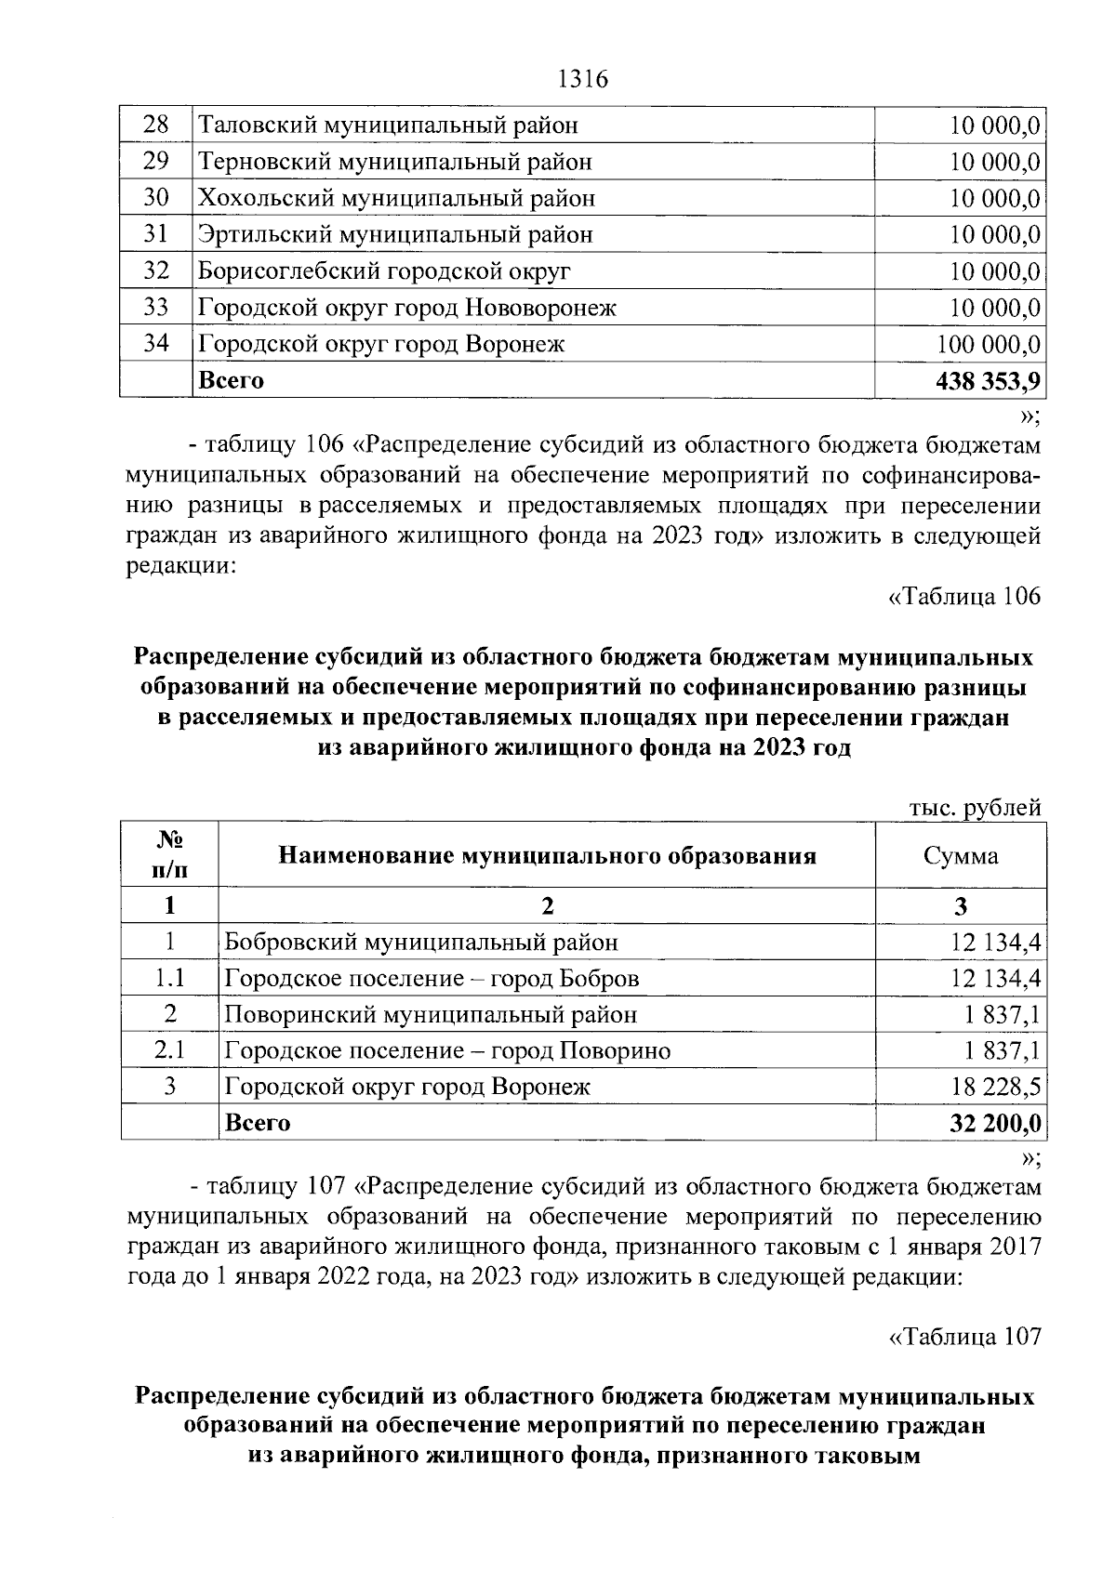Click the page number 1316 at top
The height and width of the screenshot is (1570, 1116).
(581, 80)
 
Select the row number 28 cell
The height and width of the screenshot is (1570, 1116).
(155, 125)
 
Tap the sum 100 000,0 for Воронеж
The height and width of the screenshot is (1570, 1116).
(988, 344)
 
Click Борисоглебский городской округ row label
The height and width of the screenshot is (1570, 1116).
(384, 271)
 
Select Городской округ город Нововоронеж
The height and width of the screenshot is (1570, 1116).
(406, 308)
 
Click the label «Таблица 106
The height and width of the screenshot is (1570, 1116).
(964, 597)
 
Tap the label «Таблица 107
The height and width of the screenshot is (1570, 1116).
(964, 1336)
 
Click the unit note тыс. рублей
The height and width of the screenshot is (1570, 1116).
(974, 808)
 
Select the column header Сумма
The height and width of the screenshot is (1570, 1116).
(961, 855)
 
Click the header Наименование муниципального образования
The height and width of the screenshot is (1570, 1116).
(548, 855)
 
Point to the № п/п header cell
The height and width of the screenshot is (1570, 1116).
(169, 854)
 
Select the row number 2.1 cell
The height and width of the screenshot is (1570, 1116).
(169, 1050)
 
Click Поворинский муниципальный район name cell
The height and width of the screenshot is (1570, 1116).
(431, 1015)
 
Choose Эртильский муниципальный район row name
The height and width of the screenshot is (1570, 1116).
(394, 235)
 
